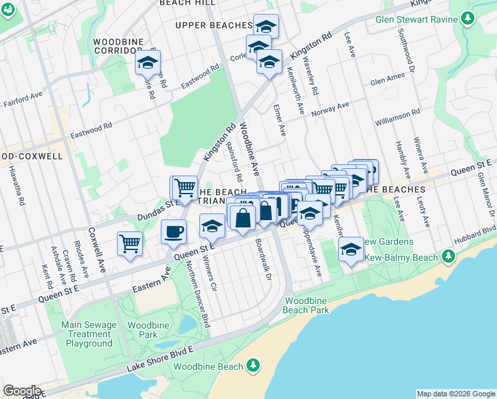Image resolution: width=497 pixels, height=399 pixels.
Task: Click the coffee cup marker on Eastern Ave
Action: pyautogui.click(x=173, y=231)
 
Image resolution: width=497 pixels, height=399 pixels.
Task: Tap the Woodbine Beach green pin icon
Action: pyautogui.click(x=252, y=364)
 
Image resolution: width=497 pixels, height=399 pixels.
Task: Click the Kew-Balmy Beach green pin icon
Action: pyautogui.click(x=448, y=256)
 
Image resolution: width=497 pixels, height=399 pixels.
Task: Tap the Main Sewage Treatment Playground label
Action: pyautogui.click(x=88, y=334)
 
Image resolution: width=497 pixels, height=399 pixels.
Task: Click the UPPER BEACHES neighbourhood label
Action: pyautogui.click(x=213, y=25)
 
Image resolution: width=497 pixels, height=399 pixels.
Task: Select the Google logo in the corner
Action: pyautogui.click(x=22, y=390)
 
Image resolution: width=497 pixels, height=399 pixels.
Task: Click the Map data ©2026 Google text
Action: pyautogui.click(x=456, y=394)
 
